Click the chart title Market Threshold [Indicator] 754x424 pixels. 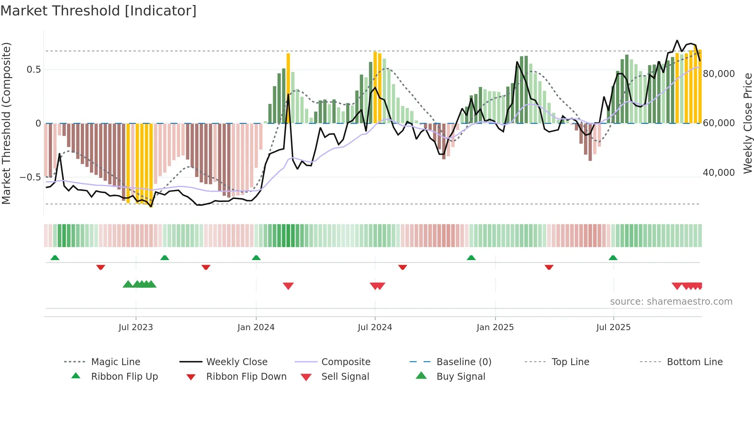tap(98, 11)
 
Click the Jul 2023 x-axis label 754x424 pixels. tap(135, 327)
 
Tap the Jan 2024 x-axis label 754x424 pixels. tap(256, 327)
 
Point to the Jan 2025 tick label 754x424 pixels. tap(495, 327)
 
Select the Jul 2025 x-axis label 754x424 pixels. tap(613, 327)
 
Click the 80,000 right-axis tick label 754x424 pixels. tap(719, 74)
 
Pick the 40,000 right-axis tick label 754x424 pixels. tap(719, 173)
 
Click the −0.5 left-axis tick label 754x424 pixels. tap(30, 177)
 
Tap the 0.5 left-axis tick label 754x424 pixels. tap(33, 70)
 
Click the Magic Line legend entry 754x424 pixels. tap(115, 362)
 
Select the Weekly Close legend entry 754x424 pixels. tap(237, 362)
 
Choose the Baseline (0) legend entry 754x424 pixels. tap(464, 362)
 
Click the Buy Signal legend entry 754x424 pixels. tap(460, 377)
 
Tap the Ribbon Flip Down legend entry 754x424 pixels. tap(246, 377)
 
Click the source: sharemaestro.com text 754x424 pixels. tap(671, 302)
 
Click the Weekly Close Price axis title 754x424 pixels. tap(747, 123)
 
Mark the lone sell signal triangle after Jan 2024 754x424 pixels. tap(288, 286)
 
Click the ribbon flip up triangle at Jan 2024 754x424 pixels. tap(256, 258)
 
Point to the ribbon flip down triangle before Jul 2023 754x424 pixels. tap(101, 267)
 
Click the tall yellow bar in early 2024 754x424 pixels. tap(288, 88)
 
